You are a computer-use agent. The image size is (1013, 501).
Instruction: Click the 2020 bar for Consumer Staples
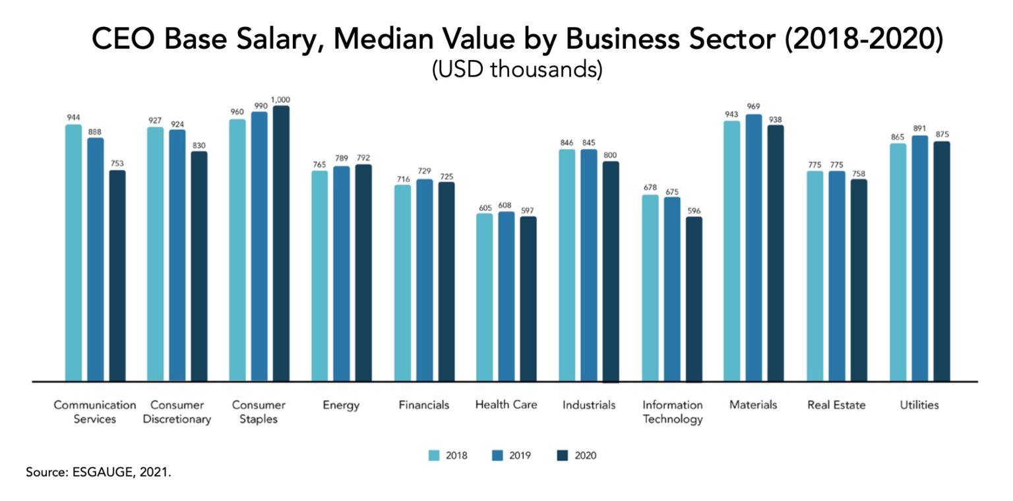tap(281, 244)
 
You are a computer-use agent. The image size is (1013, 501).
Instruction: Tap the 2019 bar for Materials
tap(754, 248)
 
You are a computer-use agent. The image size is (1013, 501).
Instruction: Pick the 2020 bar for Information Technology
tap(694, 299)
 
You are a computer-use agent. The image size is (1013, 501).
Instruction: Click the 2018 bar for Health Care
tap(485, 297)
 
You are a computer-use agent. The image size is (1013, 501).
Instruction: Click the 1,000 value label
tap(281, 100)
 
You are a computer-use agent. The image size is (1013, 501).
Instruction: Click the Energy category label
tap(341, 405)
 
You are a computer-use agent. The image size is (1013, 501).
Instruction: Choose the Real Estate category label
tap(836, 405)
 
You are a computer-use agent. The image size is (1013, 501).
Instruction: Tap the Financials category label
tap(423, 405)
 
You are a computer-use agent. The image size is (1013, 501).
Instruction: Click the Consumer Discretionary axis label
tap(177, 412)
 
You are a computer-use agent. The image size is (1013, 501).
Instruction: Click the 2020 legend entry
tap(578, 456)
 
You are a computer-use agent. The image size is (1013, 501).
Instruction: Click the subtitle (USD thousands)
tap(516, 69)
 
